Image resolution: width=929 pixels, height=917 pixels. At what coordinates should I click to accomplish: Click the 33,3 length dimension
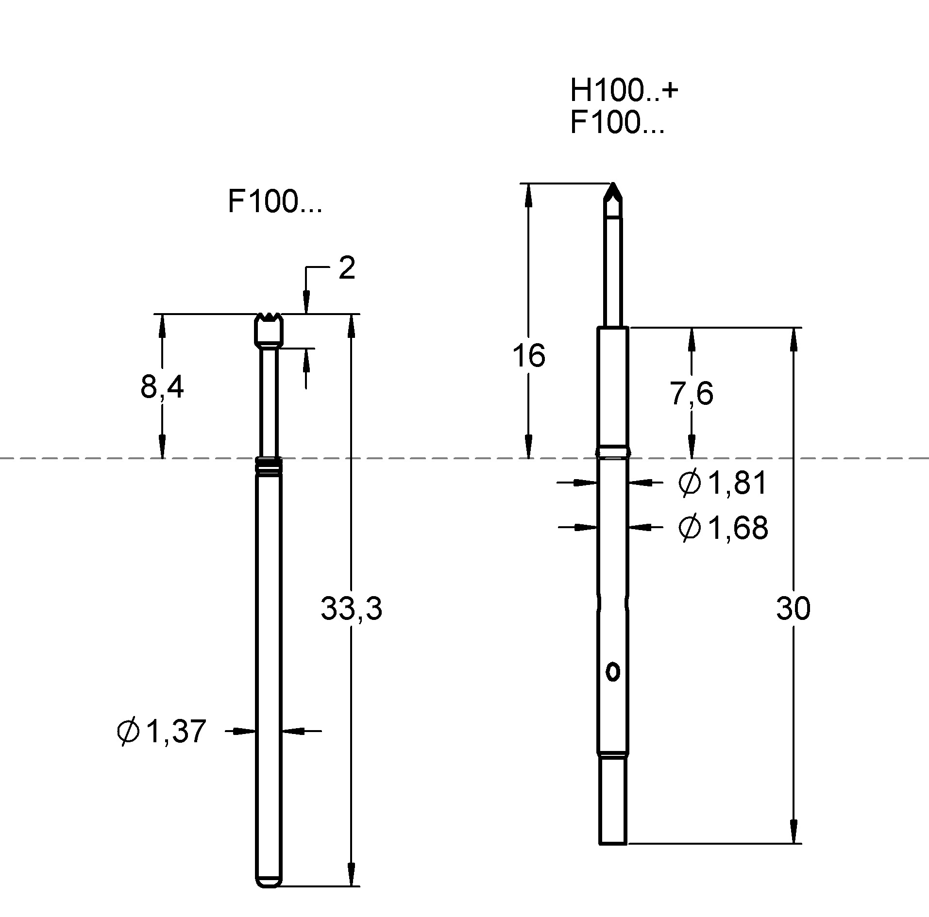351,609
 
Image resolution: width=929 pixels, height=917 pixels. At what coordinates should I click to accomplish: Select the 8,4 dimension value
162,387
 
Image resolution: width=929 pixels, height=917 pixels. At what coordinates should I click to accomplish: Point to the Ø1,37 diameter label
162,731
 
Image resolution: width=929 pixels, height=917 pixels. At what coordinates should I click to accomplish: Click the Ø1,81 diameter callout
722,483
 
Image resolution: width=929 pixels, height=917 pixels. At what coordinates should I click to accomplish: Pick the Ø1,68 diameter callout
723,528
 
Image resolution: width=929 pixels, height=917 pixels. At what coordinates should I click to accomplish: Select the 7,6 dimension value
692,393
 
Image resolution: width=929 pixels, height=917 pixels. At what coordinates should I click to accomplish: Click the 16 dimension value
528,355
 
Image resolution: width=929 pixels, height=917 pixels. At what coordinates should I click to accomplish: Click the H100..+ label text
623,90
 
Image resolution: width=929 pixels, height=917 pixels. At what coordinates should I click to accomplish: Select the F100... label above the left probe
274,202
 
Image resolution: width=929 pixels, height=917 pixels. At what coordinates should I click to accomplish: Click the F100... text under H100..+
617,122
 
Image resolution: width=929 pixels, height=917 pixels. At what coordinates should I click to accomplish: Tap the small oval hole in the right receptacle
613,672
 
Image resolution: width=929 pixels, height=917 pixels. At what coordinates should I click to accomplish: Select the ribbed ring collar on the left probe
269,466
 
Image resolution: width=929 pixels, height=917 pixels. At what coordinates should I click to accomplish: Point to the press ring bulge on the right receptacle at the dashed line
613,451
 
